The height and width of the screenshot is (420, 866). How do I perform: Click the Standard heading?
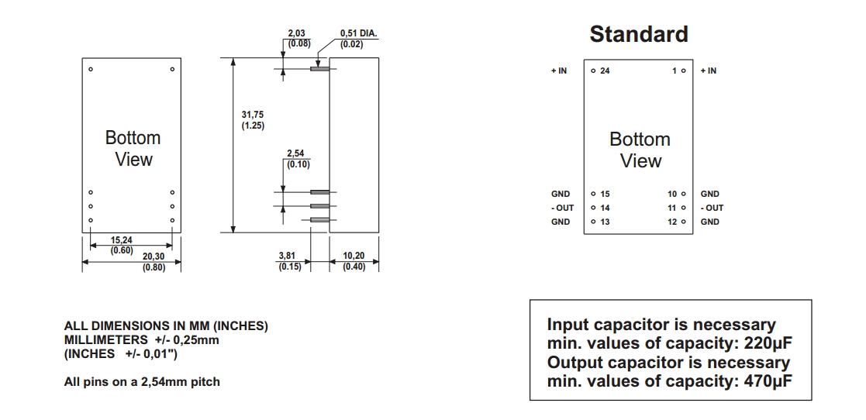click(638, 34)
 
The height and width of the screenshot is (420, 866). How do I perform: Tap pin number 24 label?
click(605, 71)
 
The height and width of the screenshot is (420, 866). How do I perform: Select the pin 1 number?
click(675, 71)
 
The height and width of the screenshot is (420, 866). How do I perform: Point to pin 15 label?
click(605, 194)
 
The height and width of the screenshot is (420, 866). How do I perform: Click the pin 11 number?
click(672, 208)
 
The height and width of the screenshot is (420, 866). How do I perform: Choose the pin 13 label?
click(605, 222)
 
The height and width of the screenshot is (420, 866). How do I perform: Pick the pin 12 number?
click(672, 222)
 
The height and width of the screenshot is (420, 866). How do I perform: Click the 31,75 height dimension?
click(253, 115)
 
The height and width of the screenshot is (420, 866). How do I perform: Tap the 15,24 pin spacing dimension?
click(122, 240)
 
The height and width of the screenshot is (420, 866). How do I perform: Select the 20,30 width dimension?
click(154, 256)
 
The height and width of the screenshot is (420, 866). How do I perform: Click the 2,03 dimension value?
click(296, 34)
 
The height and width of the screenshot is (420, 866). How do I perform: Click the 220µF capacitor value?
click(768, 343)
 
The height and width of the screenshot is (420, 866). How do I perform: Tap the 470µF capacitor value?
click(768, 381)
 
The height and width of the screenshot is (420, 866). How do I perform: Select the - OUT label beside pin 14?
click(562, 208)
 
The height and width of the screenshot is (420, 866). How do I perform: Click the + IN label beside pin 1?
click(708, 71)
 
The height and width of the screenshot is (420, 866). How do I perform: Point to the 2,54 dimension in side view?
click(295, 153)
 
